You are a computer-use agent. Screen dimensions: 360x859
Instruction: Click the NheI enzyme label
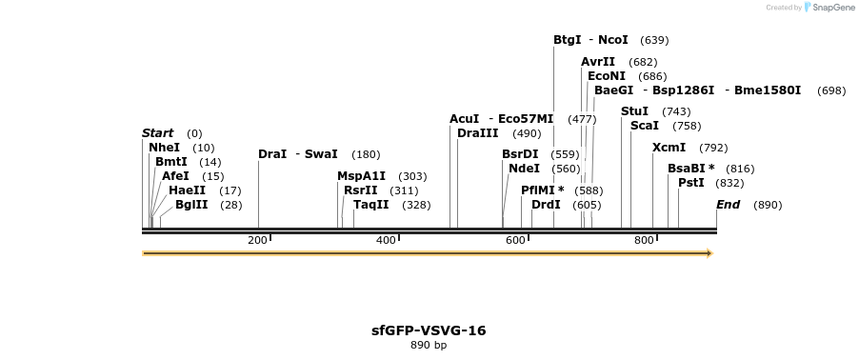(x=164, y=148)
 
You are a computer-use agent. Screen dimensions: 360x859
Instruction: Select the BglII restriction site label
(x=191, y=205)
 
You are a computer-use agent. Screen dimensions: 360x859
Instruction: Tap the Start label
(x=158, y=133)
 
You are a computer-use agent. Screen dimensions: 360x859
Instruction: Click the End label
(x=728, y=205)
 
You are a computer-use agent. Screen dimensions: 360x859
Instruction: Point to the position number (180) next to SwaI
(x=366, y=154)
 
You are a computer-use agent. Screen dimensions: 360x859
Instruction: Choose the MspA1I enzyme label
(x=361, y=176)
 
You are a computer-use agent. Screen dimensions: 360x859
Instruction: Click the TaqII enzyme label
(x=370, y=205)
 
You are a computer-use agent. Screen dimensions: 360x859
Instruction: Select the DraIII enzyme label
(x=477, y=133)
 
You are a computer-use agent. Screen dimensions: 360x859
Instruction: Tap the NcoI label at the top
(x=612, y=40)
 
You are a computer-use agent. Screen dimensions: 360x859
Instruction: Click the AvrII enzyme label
(x=598, y=62)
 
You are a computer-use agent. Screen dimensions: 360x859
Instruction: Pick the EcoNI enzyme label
(x=607, y=76)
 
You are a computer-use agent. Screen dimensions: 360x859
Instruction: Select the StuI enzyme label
(x=634, y=111)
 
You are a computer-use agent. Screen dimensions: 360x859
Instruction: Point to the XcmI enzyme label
(x=669, y=148)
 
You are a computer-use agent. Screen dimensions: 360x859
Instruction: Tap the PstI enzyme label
(x=690, y=183)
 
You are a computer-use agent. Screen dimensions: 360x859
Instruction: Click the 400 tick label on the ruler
(x=386, y=240)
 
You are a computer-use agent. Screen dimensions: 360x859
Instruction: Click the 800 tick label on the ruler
(x=643, y=240)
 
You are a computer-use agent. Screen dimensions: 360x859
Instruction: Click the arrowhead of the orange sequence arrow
(x=709, y=253)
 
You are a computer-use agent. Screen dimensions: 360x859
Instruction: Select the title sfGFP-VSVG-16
(x=429, y=330)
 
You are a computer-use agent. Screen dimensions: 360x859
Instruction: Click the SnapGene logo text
(x=829, y=8)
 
